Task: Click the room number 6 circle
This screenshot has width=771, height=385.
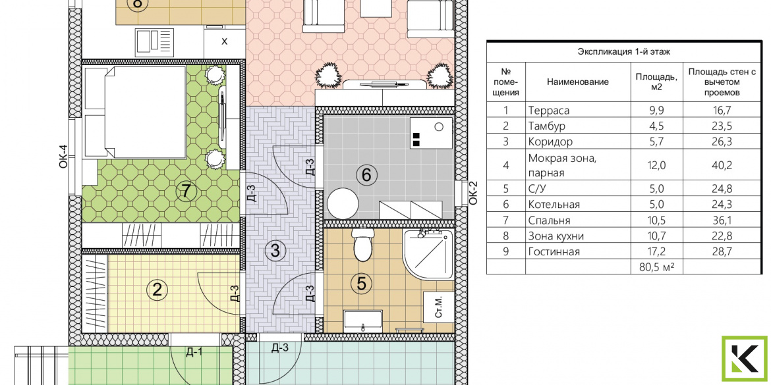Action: click(x=369, y=174)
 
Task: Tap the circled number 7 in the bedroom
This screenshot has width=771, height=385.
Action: click(x=185, y=191)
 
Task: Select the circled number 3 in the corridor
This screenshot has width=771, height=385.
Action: click(x=274, y=251)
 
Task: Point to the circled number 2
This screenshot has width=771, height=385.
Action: click(x=157, y=290)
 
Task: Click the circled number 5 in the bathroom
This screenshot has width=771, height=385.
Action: click(x=361, y=284)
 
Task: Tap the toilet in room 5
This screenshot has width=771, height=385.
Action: click(x=363, y=245)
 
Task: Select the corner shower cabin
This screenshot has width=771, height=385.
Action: click(x=428, y=255)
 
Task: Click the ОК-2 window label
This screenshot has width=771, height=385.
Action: click(x=473, y=192)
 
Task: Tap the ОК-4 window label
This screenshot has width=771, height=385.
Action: click(x=63, y=157)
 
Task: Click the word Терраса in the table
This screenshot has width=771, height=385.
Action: click(x=549, y=111)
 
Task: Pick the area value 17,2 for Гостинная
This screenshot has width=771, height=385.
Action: click(x=657, y=252)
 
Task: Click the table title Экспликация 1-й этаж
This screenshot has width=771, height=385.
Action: click(x=624, y=51)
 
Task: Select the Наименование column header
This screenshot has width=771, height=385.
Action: click(x=578, y=82)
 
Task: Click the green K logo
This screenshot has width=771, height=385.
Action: click(x=745, y=359)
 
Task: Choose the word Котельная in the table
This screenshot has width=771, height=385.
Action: click(x=554, y=205)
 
